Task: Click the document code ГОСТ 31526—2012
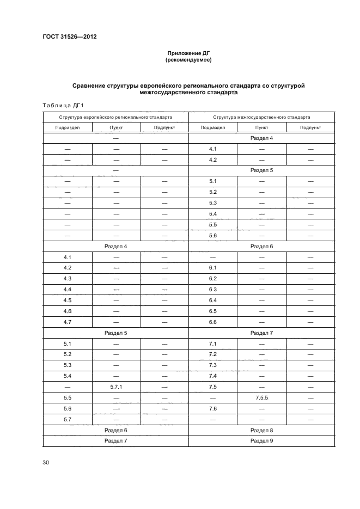point(66,37)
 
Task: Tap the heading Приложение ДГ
point(188,53)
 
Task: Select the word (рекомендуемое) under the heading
point(188,60)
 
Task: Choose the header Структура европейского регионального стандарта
point(115,117)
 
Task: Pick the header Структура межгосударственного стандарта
point(261,117)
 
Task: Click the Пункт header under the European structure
point(116,127)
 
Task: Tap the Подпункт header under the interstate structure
point(310,127)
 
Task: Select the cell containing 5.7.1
point(116,387)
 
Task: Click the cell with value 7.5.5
point(261,398)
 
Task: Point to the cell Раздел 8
point(261,430)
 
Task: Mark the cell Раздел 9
point(261,440)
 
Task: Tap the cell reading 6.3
point(213,289)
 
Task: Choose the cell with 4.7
point(68,322)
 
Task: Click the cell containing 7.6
point(213,408)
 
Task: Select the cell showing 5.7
point(68,419)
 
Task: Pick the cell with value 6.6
point(213,322)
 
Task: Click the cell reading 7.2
point(213,354)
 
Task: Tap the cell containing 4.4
point(68,289)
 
